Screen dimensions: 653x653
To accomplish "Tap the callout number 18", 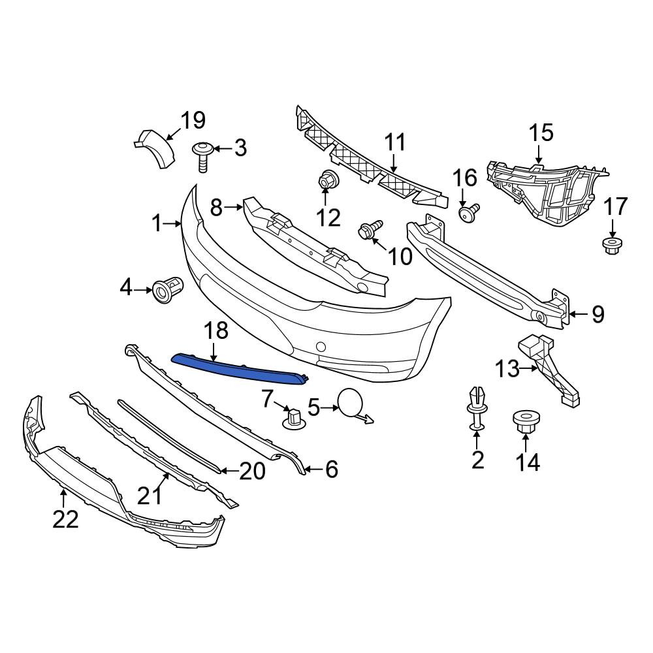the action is (216, 330).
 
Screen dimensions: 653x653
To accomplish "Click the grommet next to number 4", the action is (168, 289).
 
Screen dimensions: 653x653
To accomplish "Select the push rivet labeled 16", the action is (469, 211).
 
